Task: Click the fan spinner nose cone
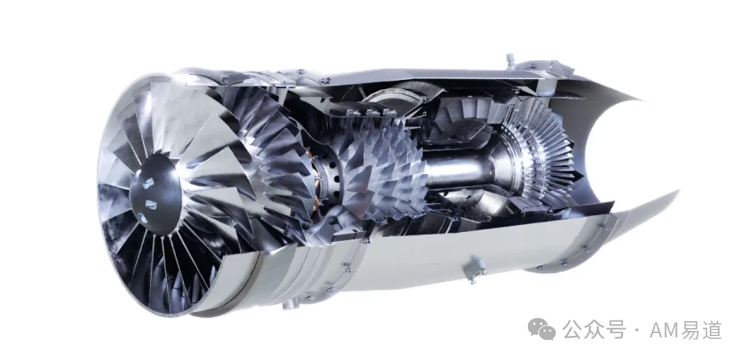click(x=155, y=195)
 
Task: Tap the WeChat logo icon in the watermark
click(x=542, y=329)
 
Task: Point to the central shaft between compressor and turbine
click(x=457, y=172)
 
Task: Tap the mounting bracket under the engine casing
click(x=476, y=267)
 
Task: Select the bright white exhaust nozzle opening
click(x=614, y=153)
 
